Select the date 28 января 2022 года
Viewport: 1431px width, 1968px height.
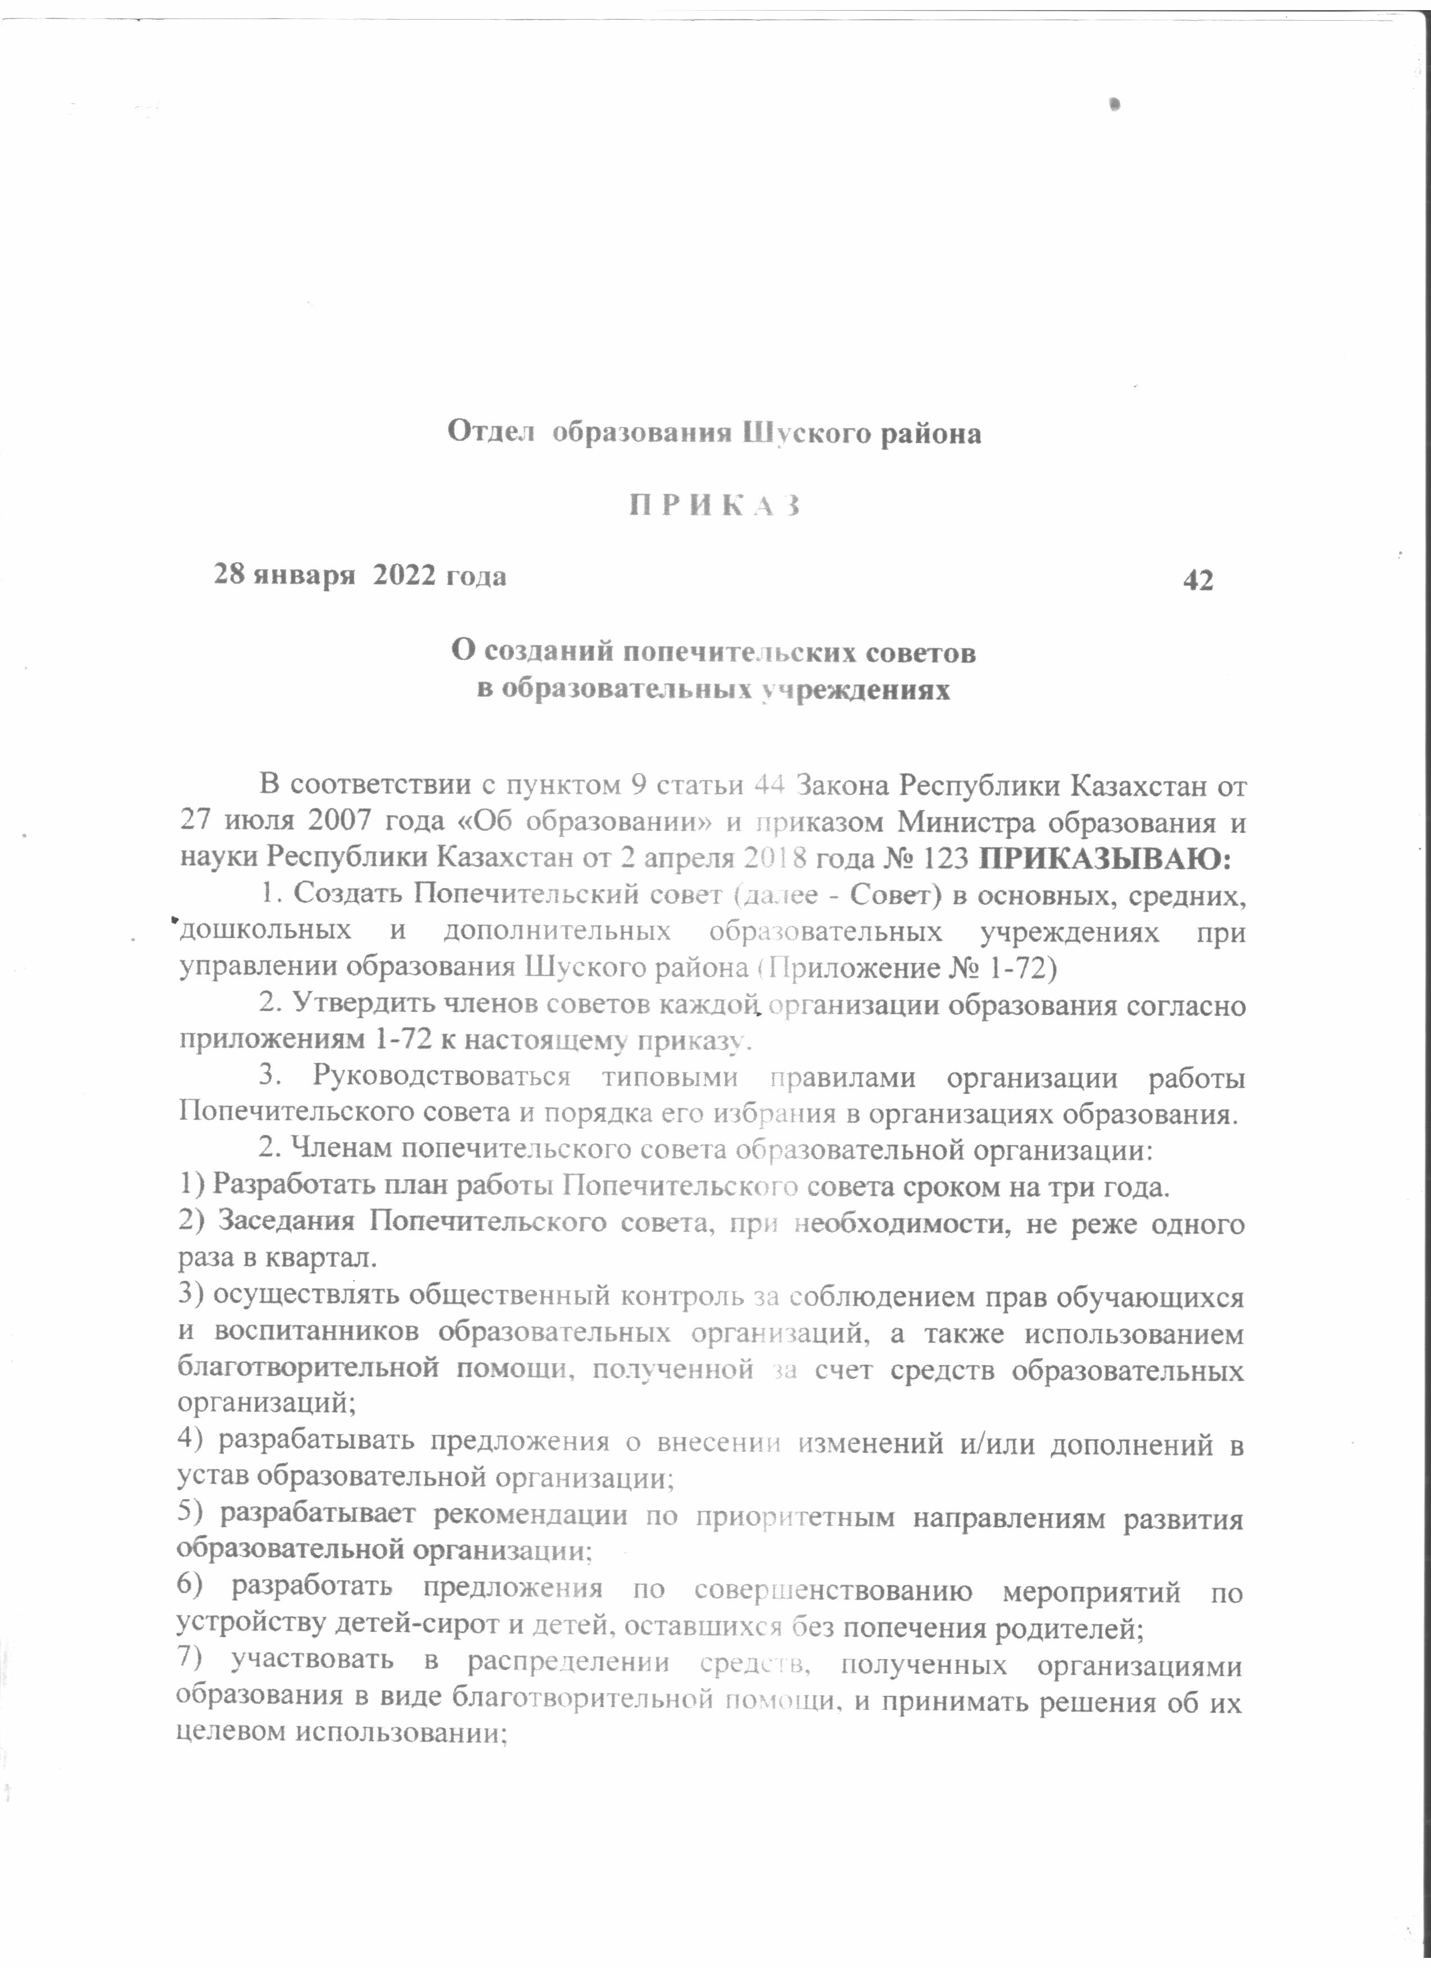[360, 575]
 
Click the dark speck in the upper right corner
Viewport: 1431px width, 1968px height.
[1116, 104]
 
